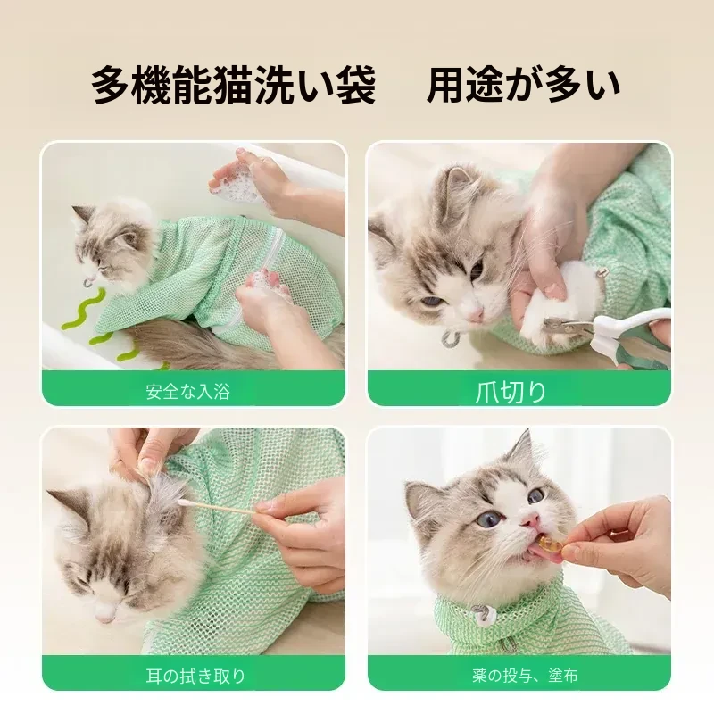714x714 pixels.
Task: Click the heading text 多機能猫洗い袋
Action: click(x=233, y=85)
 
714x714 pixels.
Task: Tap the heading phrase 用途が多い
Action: click(x=523, y=85)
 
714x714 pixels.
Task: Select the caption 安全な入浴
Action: click(x=188, y=392)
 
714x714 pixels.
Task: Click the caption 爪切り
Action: click(x=511, y=392)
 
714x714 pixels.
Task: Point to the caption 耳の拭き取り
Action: click(x=195, y=676)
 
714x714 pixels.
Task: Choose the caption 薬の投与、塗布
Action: click(x=525, y=676)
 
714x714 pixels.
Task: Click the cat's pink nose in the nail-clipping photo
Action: click(x=477, y=313)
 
